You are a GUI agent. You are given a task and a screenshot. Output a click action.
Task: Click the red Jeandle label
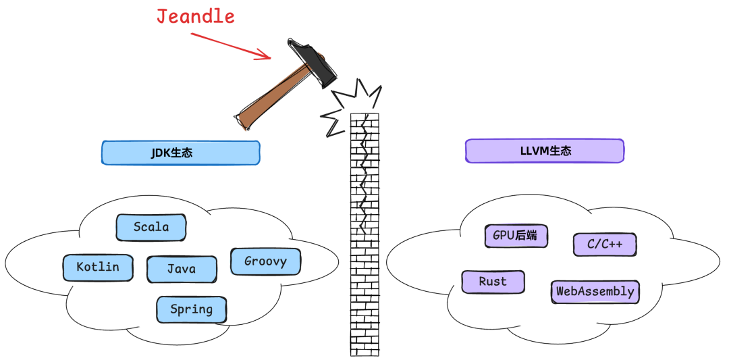196,16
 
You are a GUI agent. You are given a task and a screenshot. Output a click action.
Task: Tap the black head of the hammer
312,61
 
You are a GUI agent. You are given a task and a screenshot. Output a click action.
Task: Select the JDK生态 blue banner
180,153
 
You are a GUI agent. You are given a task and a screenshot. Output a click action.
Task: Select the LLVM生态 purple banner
545,151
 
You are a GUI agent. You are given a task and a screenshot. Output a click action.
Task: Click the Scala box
151,227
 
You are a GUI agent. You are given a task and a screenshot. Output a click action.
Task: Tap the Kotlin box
97,267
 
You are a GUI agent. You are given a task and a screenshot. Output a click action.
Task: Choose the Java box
182,269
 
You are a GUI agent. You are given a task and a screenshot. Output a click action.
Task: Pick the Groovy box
265,261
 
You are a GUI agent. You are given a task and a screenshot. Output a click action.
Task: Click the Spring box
192,309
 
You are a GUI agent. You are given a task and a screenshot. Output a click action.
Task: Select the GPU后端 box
516,236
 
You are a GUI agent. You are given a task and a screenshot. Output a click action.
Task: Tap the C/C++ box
605,245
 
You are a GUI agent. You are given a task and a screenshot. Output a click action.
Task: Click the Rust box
493,282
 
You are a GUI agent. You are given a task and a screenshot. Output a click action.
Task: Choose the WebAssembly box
595,292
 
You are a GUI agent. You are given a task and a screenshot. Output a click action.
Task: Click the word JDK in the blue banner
161,153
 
